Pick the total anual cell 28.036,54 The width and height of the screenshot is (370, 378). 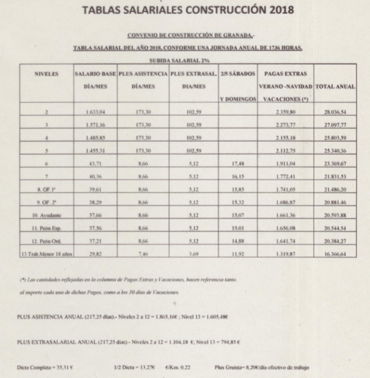(x=335, y=113)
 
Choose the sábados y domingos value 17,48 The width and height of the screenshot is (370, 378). (x=238, y=164)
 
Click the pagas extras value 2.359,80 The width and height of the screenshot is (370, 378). (x=285, y=113)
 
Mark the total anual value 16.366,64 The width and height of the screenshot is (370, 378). (x=335, y=254)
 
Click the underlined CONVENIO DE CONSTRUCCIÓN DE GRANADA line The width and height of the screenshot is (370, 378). (x=183, y=35)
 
